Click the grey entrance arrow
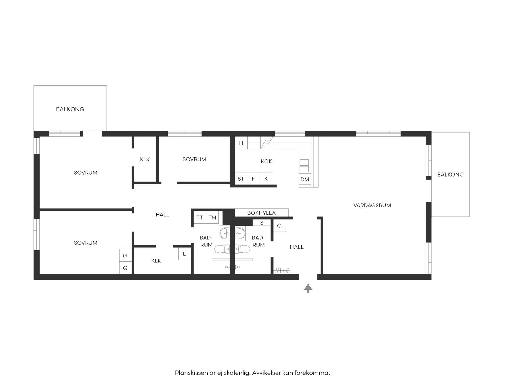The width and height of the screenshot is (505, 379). (308, 289)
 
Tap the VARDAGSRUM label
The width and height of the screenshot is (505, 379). (372, 205)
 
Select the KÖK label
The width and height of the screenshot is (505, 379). (266, 161)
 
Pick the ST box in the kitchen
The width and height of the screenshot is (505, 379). (241, 179)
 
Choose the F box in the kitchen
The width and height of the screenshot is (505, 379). (253, 179)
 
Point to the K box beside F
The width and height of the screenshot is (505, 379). (266, 179)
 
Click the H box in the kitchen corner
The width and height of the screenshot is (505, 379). (241, 143)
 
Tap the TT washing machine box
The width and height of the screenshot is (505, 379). (200, 218)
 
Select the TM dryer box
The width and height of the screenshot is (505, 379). (212, 218)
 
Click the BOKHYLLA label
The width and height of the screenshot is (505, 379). (261, 213)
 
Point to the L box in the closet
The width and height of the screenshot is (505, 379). (184, 254)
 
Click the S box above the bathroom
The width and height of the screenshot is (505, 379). (262, 223)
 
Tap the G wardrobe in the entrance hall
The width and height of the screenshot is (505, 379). (279, 226)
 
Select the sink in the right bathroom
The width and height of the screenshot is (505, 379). (240, 233)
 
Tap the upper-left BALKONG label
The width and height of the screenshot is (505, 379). (70, 109)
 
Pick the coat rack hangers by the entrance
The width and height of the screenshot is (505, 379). (282, 271)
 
